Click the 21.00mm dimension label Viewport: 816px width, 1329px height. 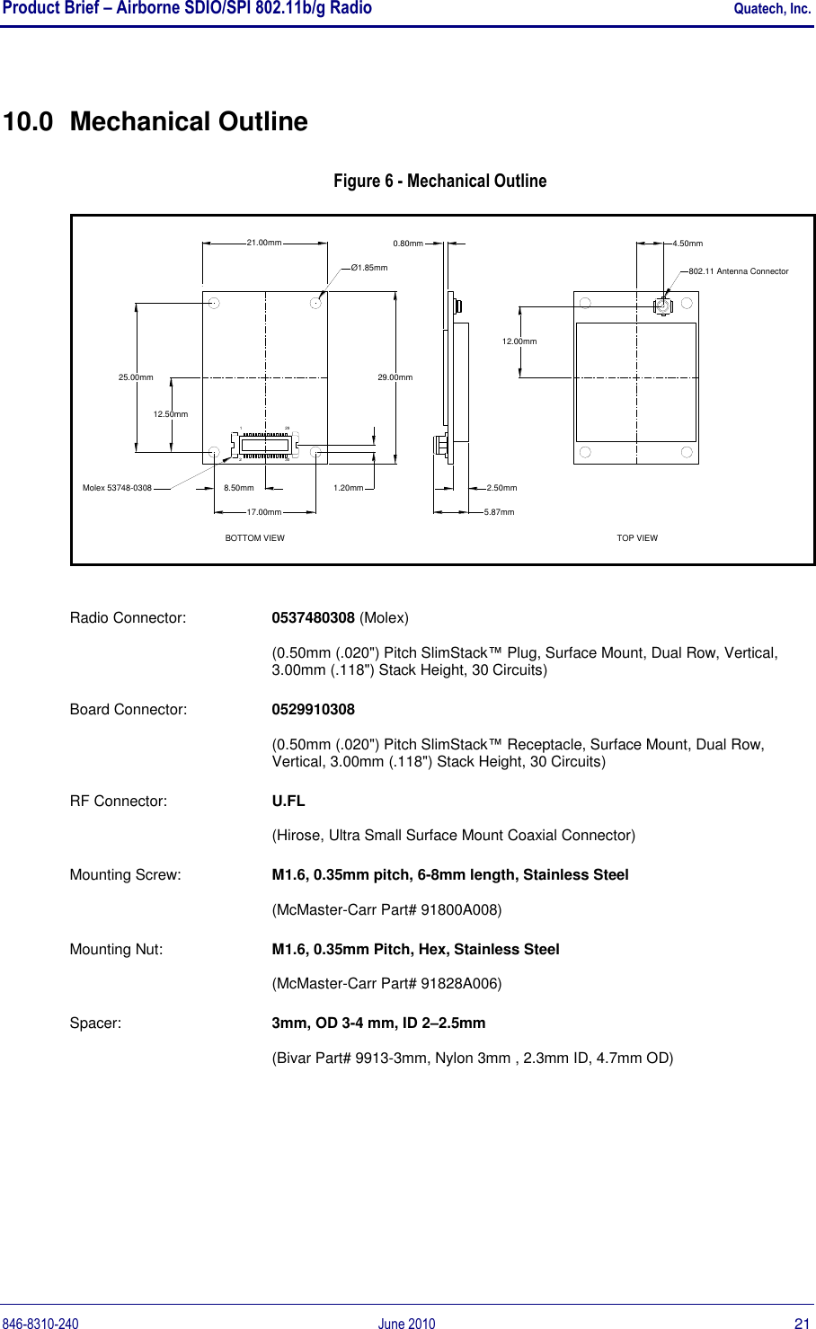click(x=264, y=243)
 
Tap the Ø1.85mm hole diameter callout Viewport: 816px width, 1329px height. click(x=368, y=268)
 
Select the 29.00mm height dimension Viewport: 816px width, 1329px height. click(x=395, y=377)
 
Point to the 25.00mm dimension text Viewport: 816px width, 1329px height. click(x=136, y=377)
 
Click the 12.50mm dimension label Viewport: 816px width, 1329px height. click(x=171, y=414)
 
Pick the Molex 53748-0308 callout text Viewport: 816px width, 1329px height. click(x=117, y=488)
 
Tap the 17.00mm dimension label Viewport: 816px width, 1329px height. click(x=264, y=512)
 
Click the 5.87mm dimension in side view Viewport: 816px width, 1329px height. click(x=499, y=512)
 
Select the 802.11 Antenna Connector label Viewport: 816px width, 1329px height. click(x=738, y=270)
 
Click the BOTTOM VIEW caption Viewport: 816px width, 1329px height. click(x=254, y=538)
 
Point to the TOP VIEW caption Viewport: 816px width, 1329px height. click(x=637, y=538)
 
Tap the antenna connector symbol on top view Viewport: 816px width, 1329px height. click(x=662, y=306)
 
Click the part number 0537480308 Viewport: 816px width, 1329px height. click(x=313, y=618)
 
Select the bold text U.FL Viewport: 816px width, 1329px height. click(x=288, y=801)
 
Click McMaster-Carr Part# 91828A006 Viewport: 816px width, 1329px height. click(x=386, y=983)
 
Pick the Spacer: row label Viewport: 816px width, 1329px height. click(x=96, y=1023)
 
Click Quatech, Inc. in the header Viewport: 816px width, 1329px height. click(x=772, y=9)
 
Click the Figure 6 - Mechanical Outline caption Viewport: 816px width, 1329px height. click(x=439, y=181)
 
